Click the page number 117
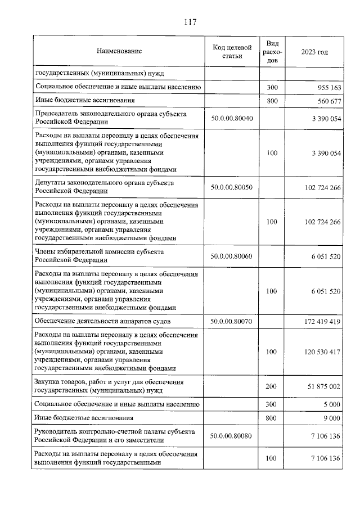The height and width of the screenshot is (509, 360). click(x=190, y=22)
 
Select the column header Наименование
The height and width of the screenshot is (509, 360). click(x=119, y=51)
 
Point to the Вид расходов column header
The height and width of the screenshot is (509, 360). click(x=272, y=52)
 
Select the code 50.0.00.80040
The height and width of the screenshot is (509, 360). click(x=232, y=119)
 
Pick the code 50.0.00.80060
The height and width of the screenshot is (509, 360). click(x=232, y=256)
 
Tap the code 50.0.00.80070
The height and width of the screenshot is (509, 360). click(x=232, y=321)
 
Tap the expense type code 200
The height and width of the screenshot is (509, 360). click(x=272, y=386)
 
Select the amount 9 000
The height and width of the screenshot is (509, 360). click(x=332, y=418)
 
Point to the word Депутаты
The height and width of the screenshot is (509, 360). click(x=52, y=183)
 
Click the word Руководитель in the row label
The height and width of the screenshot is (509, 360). click(x=58, y=431)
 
